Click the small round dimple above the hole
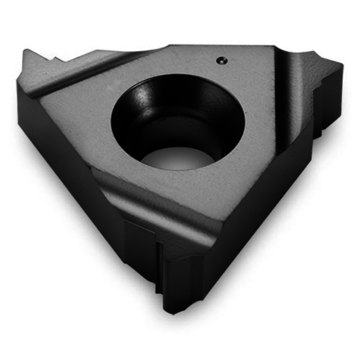(x=221, y=59)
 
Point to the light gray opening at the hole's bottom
(x=178, y=158)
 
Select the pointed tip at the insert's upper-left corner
(x=26, y=52)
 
